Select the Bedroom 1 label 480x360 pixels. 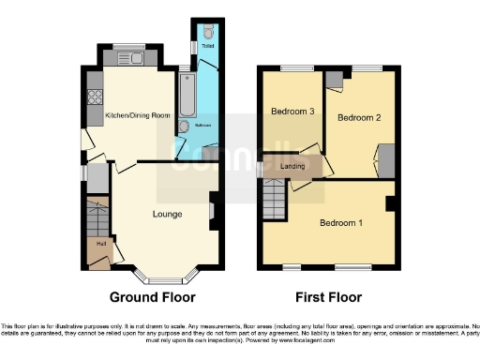pyautogui.click(x=339, y=223)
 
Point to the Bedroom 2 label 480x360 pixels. pyautogui.click(x=357, y=118)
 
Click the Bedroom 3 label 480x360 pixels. pyautogui.click(x=292, y=112)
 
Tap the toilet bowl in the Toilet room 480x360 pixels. pyautogui.click(x=206, y=30)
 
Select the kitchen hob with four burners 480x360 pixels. pyautogui.click(x=95, y=95)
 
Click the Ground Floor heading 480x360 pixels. pyautogui.click(x=153, y=297)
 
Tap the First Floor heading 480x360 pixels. pyautogui.click(x=328, y=297)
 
